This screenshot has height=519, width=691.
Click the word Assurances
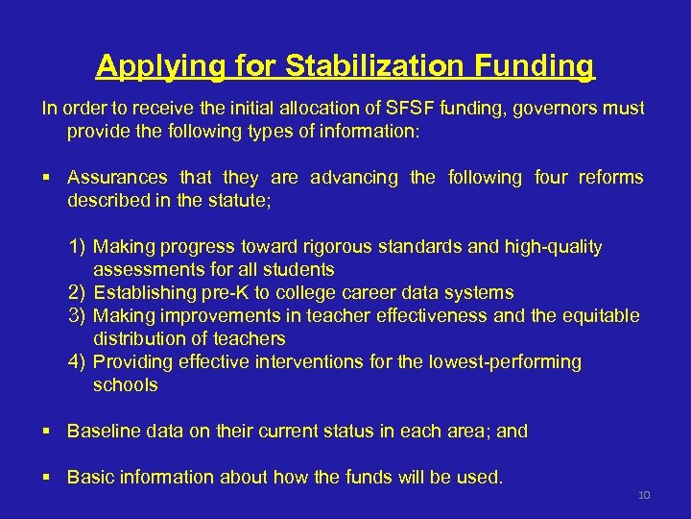[x=116, y=178]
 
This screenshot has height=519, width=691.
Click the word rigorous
[x=322, y=247]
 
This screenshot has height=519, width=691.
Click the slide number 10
[x=644, y=495]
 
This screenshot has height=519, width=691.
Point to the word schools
[x=126, y=385]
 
